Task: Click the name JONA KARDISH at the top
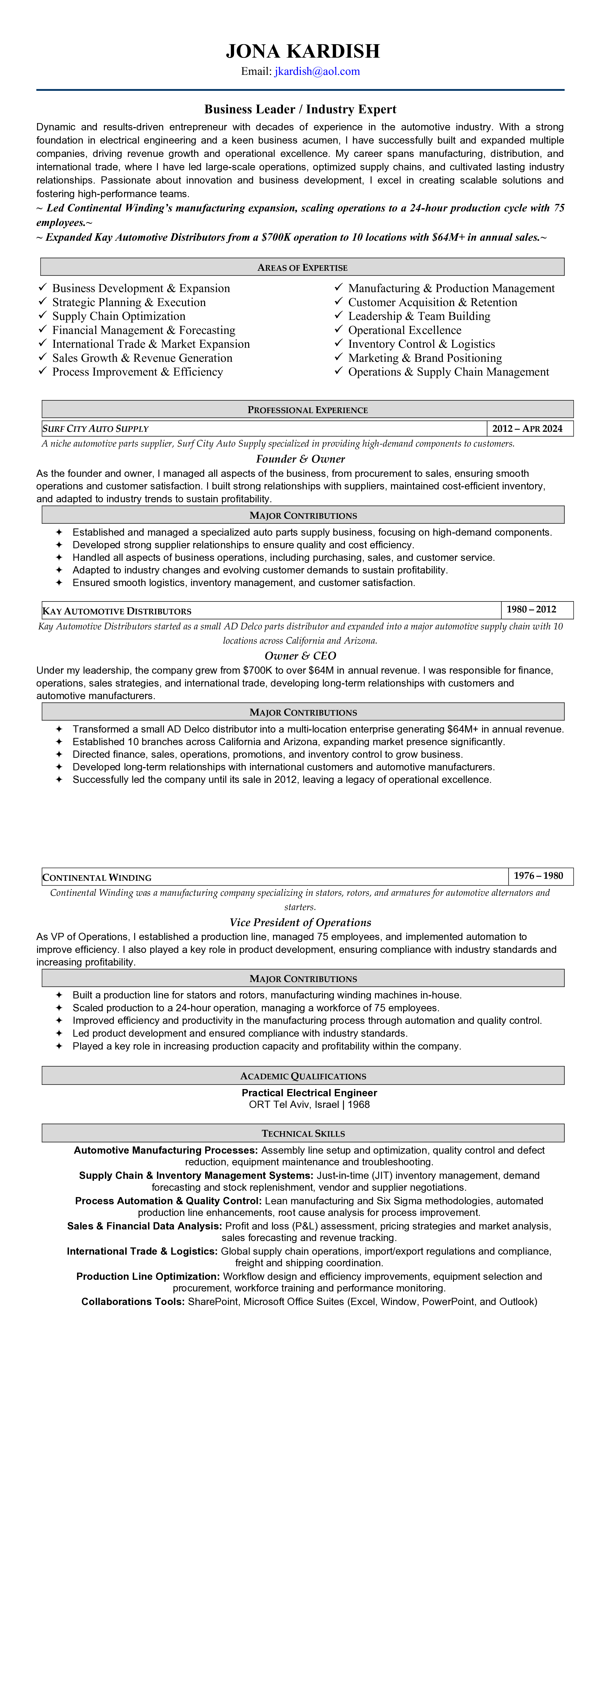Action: click(303, 51)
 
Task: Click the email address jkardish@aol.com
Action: click(317, 71)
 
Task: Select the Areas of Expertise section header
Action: click(302, 267)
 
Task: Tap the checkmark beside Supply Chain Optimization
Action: click(43, 315)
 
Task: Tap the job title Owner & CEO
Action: click(300, 656)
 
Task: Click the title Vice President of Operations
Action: click(300, 922)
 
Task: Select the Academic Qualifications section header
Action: click(303, 1076)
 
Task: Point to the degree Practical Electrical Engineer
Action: click(309, 1093)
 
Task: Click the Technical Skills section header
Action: click(303, 1133)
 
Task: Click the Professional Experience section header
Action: click(307, 409)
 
